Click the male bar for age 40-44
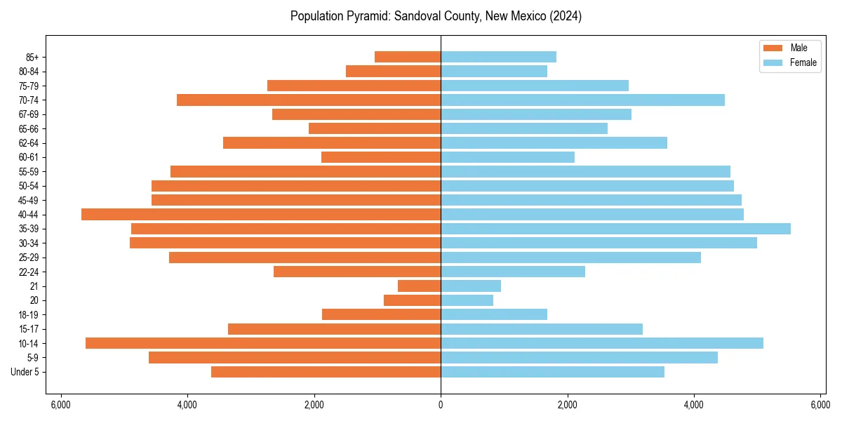[261, 215]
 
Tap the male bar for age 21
[419, 286]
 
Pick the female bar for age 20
[467, 300]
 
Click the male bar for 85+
[408, 57]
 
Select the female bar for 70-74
[582, 100]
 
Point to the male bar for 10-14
[263, 343]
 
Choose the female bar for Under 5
[552, 372]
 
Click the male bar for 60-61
[381, 157]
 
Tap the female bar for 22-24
[513, 272]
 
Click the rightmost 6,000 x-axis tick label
[820, 405]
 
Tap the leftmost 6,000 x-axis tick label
[61, 405]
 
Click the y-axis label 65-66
[28, 129]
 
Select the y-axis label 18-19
[28, 315]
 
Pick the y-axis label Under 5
[25, 372]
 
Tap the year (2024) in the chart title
[566, 16]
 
